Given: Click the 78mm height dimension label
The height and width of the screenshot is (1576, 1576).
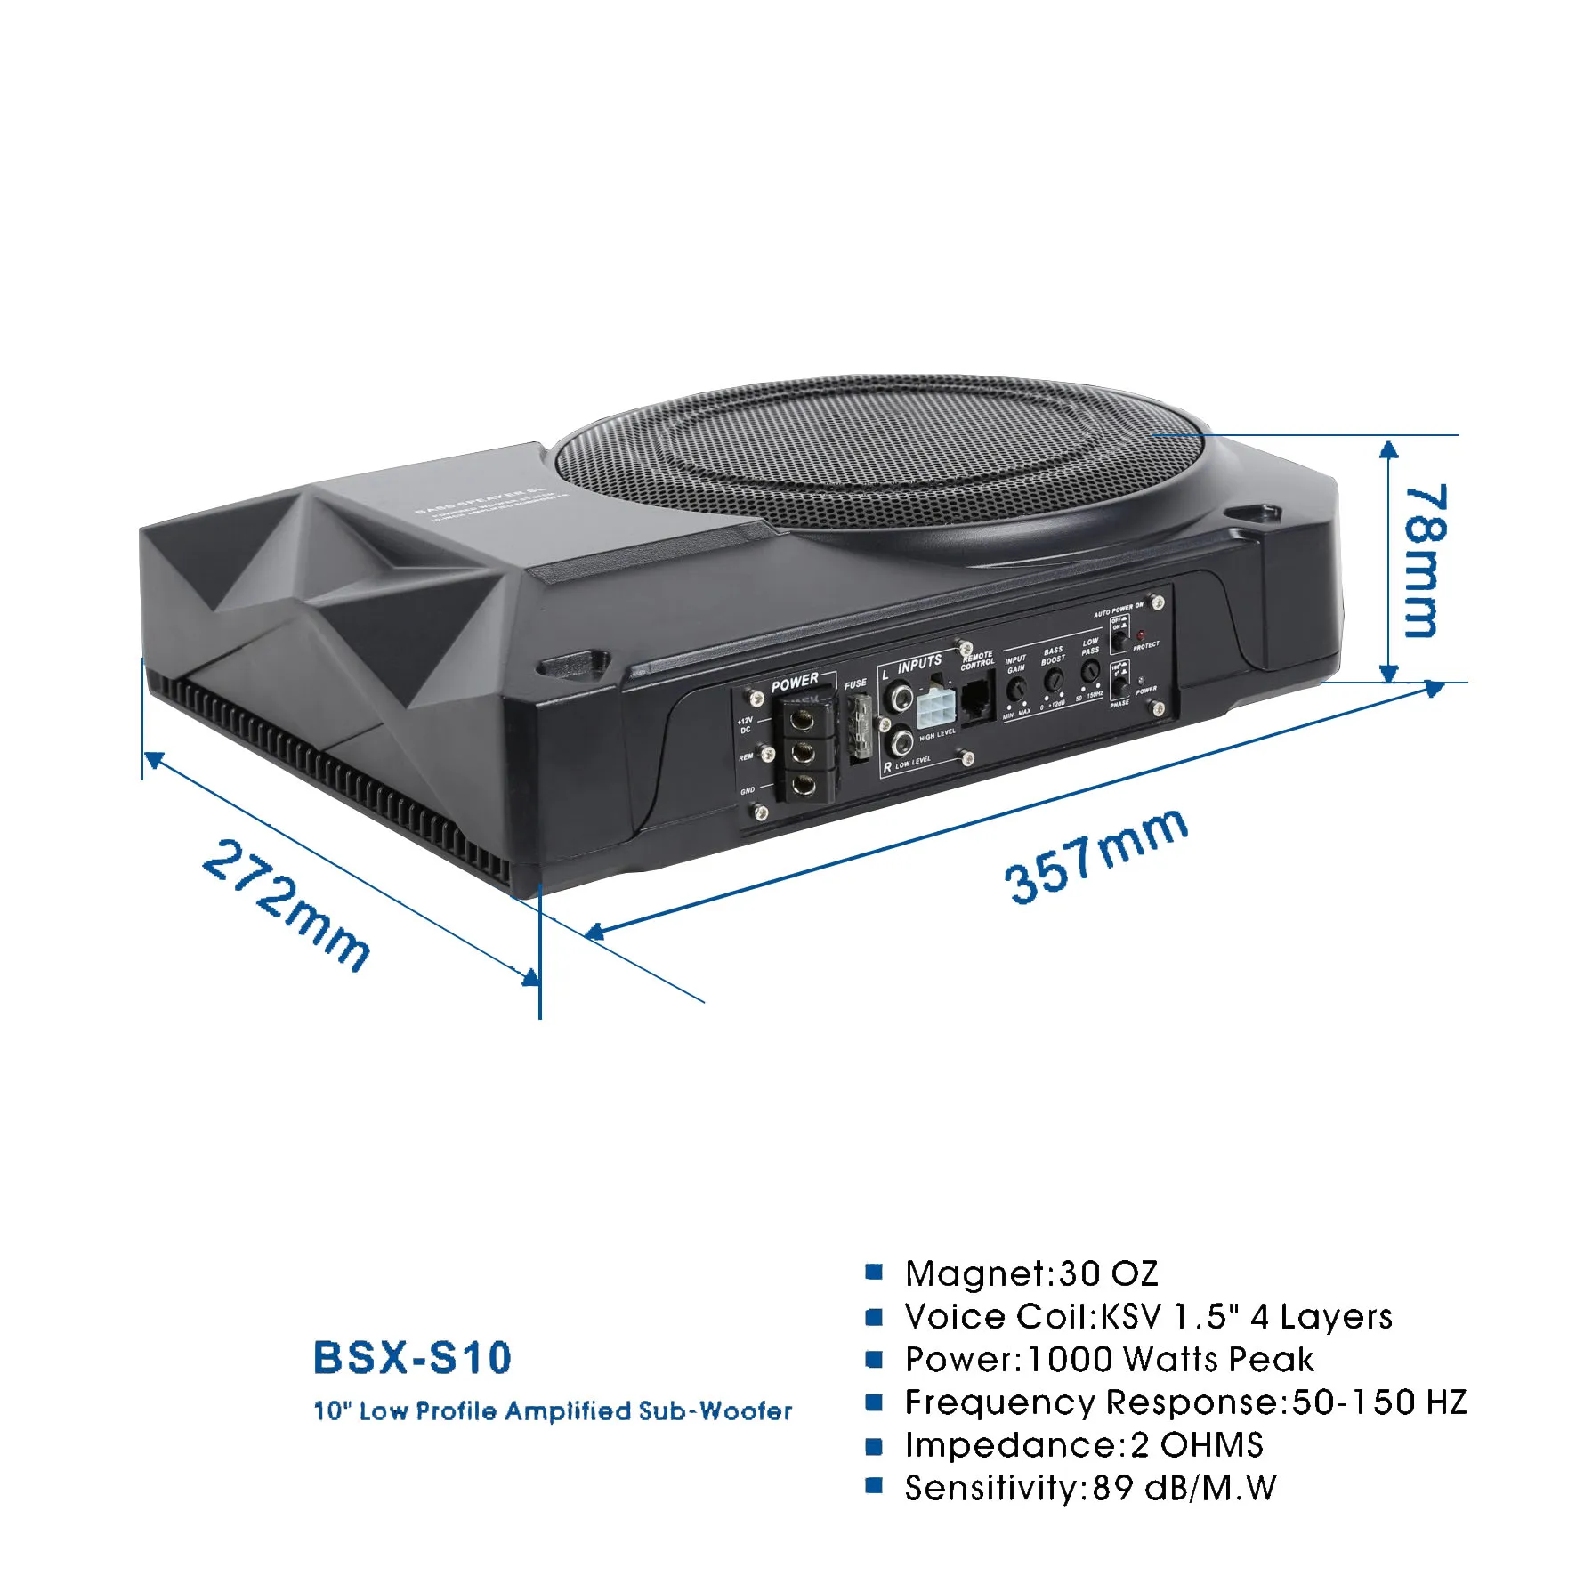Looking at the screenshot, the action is [x=1421, y=561].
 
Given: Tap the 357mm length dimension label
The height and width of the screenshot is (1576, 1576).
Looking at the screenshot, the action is [x=1095, y=856].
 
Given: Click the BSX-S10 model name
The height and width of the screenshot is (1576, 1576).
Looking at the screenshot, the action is [x=412, y=1358].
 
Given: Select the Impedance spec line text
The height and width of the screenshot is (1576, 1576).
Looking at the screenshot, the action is [x=1084, y=1444].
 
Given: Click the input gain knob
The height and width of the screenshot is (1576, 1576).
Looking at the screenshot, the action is [x=1016, y=688].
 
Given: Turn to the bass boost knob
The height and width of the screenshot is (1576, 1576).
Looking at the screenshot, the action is [x=1054, y=681].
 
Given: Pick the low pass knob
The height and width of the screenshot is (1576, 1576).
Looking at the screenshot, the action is [x=1090, y=672].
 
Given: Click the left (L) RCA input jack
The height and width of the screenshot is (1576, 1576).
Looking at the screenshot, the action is [x=901, y=695].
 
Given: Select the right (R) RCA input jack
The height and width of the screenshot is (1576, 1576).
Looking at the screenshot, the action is [x=901, y=740].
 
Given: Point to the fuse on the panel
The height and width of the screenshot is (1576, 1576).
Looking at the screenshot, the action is [x=860, y=727].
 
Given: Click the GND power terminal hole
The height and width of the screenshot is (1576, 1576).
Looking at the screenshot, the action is [x=804, y=785].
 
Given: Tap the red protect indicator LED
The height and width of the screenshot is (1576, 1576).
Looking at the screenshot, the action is [x=1142, y=636].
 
